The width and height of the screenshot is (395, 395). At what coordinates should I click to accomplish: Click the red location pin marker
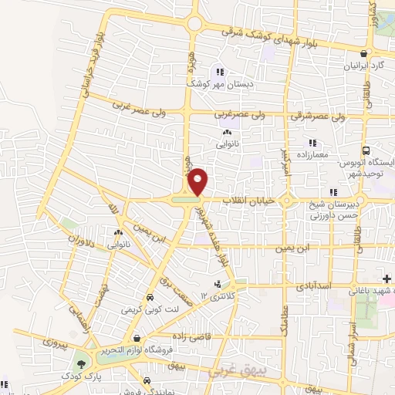point(198,181)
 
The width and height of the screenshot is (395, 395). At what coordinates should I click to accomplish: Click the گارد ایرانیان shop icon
point(374,54)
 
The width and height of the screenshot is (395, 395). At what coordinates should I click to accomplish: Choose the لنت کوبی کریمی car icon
point(147,297)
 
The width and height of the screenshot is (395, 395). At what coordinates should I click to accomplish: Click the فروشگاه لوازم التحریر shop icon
point(137,338)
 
